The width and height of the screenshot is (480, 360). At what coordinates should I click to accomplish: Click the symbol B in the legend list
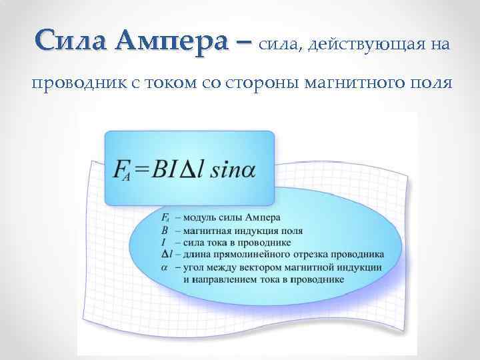coord(165,230)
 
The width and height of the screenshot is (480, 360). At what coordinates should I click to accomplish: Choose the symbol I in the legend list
coord(164,242)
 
